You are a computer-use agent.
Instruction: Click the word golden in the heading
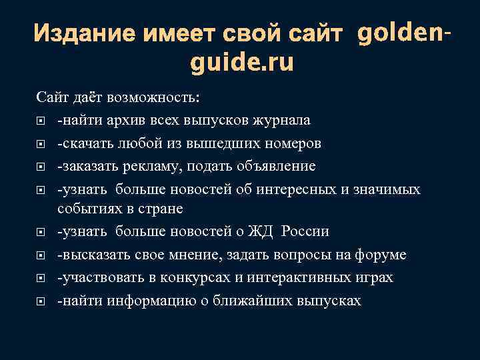pos(397,31)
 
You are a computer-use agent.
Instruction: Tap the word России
pos(305,231)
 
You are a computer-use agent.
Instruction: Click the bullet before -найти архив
pos(41,121)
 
